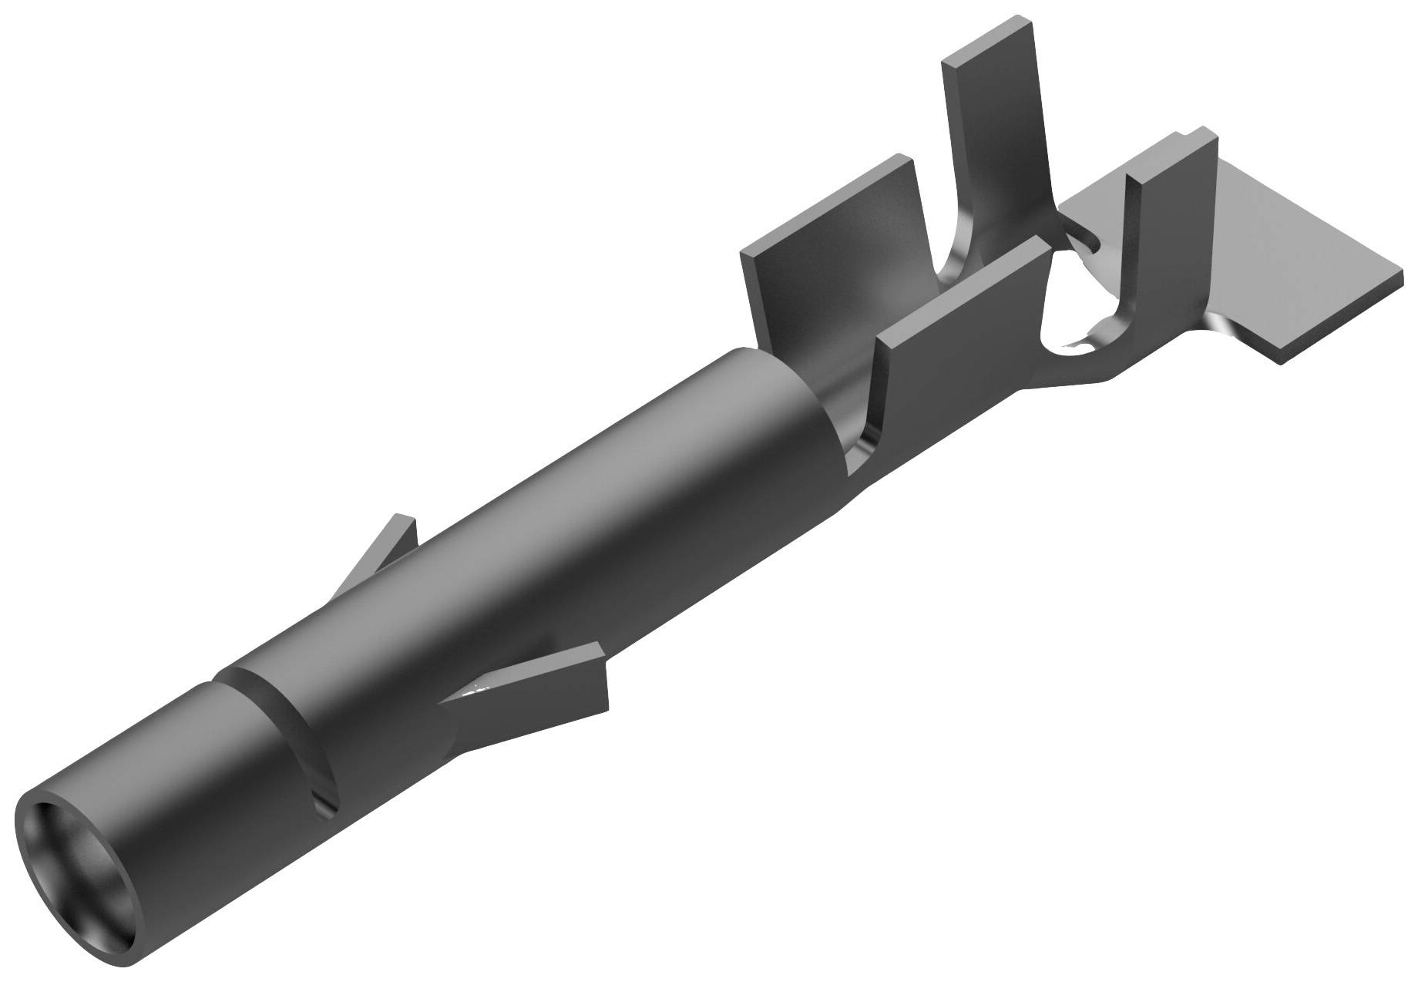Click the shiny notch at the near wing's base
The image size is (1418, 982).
(859, 455)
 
